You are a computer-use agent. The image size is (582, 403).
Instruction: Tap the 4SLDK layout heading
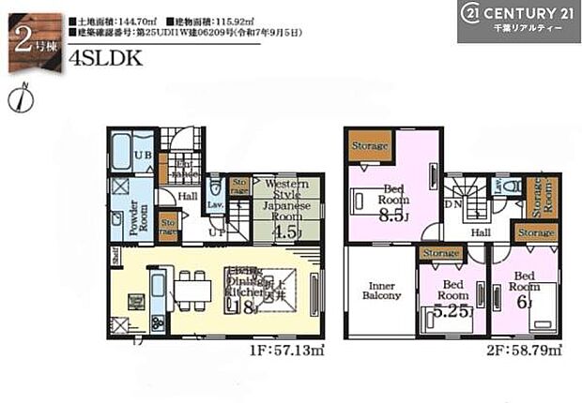(x=105, y=57)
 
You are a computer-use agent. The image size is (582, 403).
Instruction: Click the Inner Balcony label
(x=380, y=291)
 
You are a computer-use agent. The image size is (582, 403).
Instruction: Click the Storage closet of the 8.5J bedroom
(x=369, y=146)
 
